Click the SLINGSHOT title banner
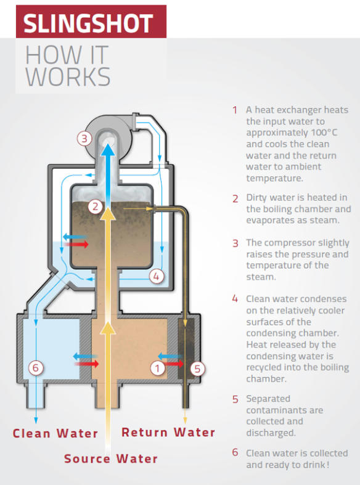point(91,22)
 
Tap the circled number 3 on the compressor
point(84,139)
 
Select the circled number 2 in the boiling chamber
point(96,206)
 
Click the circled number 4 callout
point(156,276)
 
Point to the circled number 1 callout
point(158,369)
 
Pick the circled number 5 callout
point(197,369)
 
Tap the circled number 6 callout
point(36,368)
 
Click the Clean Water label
point(55,433)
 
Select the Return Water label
point(168,432)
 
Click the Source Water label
point(111,459)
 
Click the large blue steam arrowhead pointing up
point(108,151)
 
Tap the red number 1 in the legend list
point(235,110)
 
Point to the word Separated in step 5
point(268,399)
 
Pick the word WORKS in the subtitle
point(68,77)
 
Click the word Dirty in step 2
point(257,198)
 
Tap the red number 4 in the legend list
point(235,299)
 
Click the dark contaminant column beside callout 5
point(186,349)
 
